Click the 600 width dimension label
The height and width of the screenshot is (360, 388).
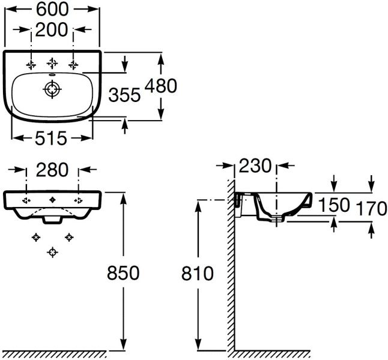tap(52, 8)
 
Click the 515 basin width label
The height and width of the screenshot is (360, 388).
tap(50, 139)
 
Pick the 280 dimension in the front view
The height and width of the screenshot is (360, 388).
tap(52, 170)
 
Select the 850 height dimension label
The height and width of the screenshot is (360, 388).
tap(124, 273)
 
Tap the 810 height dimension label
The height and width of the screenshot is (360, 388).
tap(198, 274)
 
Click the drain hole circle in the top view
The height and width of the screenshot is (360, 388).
tap(52, 89)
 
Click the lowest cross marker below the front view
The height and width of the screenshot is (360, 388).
tap(52, 251)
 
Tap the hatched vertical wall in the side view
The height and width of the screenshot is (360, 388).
tap(230, 270)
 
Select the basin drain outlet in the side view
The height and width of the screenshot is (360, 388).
tap(276, 220)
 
